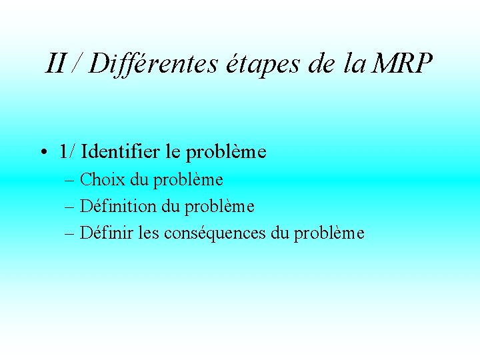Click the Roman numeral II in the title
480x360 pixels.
click(55, 64)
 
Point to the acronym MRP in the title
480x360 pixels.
click(403, 64)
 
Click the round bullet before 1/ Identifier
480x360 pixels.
click(42, 153)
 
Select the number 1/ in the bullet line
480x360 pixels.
click(67, 152)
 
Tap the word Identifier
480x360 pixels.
click(120, 152)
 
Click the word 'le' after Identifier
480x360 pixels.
click(172, 152)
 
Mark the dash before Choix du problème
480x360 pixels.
click(69, 180)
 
